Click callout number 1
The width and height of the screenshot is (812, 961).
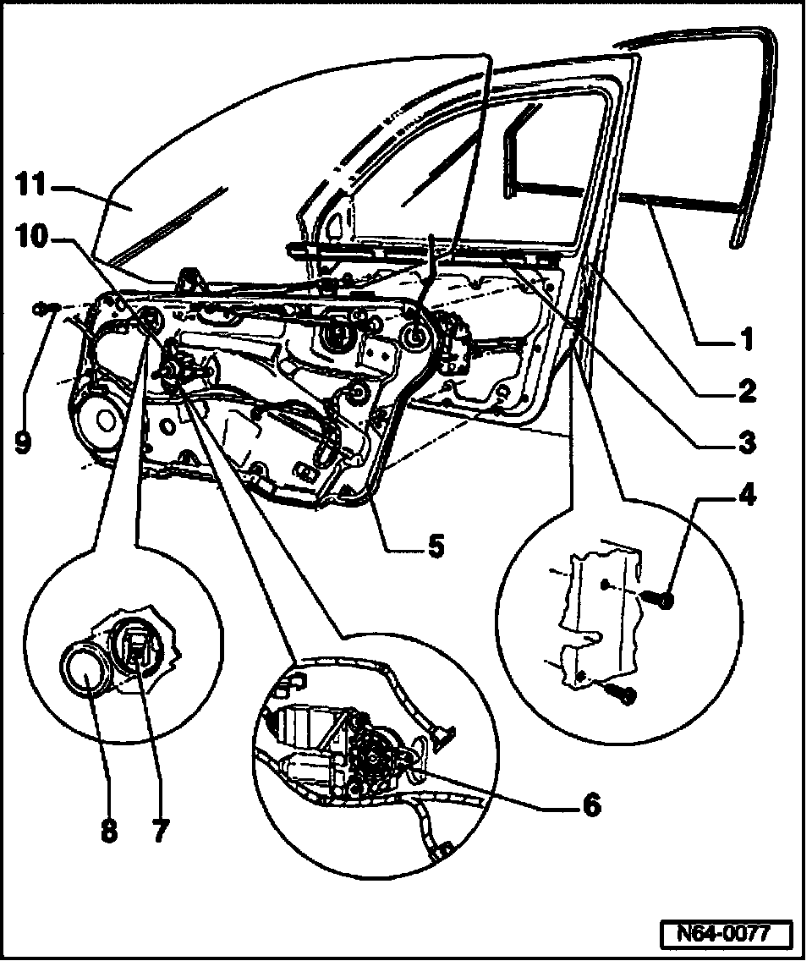(x=744, y=340)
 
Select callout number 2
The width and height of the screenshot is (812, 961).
(x=744, y=391)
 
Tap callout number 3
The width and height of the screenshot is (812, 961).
(x=744, y=441)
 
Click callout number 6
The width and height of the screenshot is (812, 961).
(x=590, y=804)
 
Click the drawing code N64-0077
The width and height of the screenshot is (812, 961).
(x=727, y=935)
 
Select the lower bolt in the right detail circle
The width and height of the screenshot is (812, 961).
(x=627, y=695)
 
